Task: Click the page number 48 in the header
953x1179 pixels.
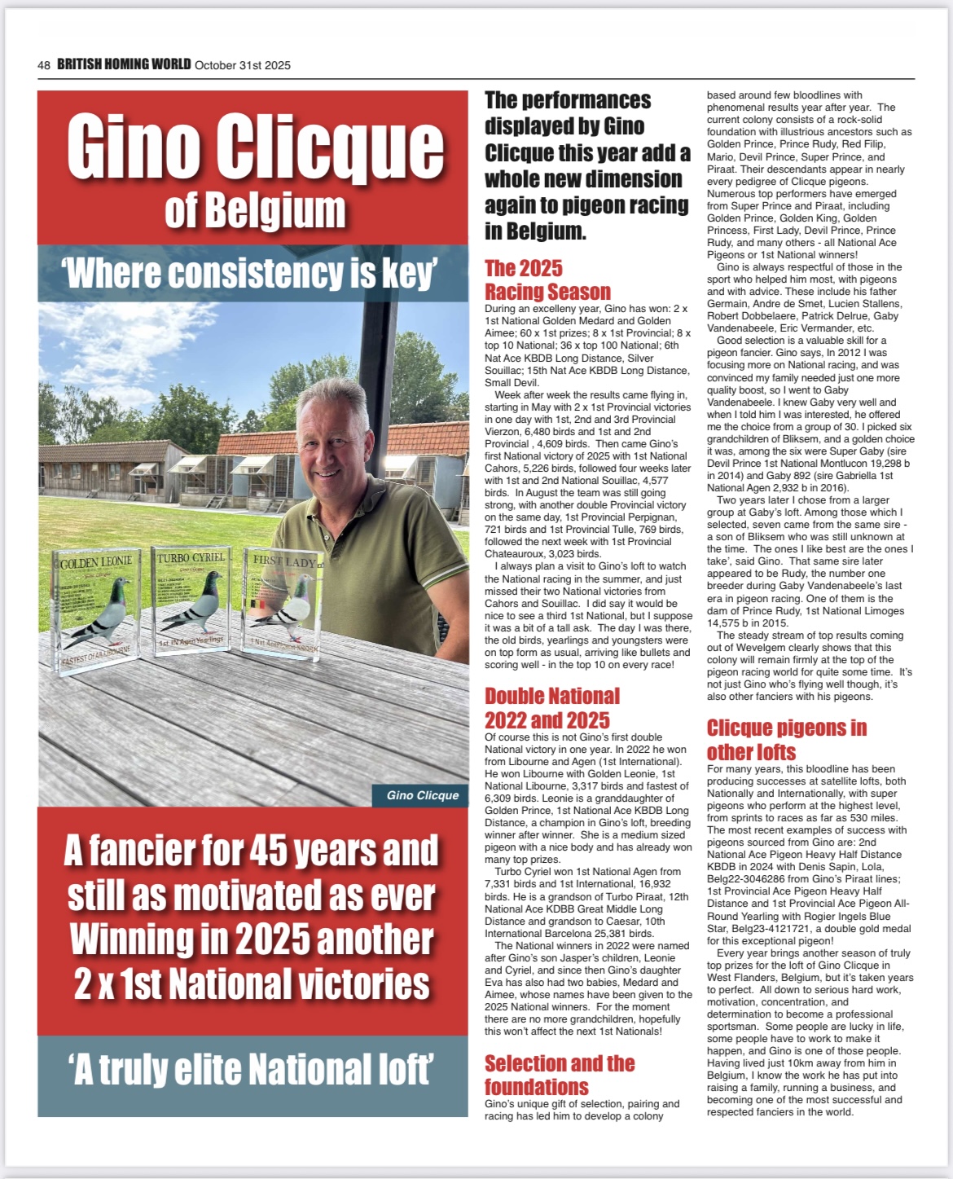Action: [44, 65]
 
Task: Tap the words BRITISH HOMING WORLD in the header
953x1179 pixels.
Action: [124, 64]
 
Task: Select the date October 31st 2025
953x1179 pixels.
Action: [243, 65]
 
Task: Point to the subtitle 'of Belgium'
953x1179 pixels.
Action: [255, 211]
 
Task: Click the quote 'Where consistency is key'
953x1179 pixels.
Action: [253, 273]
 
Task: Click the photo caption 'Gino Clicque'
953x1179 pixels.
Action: [423, 795]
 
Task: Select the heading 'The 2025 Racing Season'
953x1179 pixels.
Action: [547, 279]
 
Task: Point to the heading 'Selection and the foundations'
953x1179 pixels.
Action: [559, 1075]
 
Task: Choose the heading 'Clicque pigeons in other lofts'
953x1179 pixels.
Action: [786, 739]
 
